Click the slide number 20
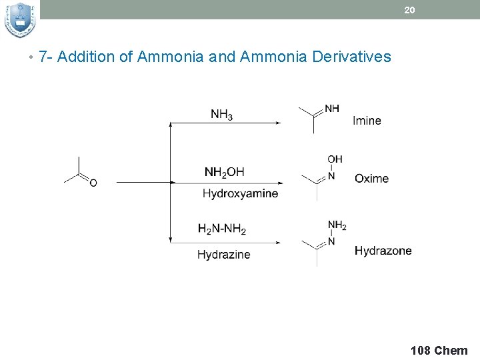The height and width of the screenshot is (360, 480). [410, 10]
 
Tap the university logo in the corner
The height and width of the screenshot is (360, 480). [19, 20]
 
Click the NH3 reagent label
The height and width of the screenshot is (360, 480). [221, 114]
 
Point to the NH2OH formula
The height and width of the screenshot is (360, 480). [224, 173]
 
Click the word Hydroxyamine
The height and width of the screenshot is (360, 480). [240, 193]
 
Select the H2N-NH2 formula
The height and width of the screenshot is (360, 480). [221, 229]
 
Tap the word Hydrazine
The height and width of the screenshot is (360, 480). [223, 254]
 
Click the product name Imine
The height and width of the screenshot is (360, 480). [367, 121]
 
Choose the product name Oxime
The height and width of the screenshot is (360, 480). [371, 178]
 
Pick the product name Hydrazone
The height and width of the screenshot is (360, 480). [383, 251]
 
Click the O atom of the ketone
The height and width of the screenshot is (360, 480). [93, 183]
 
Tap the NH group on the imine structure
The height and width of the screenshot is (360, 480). [331, 108]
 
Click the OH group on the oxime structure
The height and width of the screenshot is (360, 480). [335, 159]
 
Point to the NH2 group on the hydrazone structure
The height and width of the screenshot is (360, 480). [337, 226]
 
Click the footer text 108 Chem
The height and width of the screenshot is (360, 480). [439, 350]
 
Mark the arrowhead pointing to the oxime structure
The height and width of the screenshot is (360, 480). [279, 182]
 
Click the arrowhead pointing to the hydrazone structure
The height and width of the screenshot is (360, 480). [279, 241]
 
